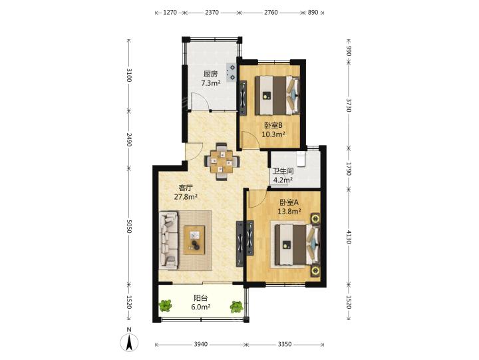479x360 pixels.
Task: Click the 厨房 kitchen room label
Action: point(210,74)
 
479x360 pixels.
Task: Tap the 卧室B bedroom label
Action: point(273,125)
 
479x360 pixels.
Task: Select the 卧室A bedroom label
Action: point(289,202)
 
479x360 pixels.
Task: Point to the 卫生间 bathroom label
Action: point(283,172)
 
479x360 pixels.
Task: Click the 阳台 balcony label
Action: point(201,298)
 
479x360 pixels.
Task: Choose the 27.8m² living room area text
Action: point(186,197)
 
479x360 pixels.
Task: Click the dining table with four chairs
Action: point(222,161)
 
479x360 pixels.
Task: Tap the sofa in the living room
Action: point(168,240)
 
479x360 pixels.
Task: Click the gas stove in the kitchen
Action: point(232,72)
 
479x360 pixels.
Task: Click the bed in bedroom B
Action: point(277,95)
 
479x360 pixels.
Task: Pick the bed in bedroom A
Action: point(297,245)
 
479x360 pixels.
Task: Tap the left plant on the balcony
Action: point(166,305)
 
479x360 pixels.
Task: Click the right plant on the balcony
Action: point(236,307)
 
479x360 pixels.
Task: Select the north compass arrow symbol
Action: point(129,342)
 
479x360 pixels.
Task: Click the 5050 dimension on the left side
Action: point(129,226)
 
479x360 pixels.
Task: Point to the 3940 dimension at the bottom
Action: point(201,345)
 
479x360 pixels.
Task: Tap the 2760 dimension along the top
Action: point(271,13)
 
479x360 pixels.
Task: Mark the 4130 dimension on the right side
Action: point(349,236)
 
